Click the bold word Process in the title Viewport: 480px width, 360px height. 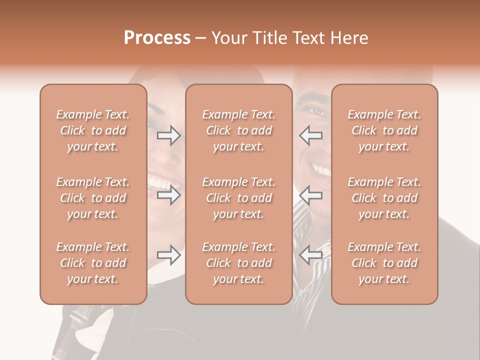tap(157, 38)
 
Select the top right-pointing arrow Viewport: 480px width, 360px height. tap(169, 135)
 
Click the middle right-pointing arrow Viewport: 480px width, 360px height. tap(169, 195)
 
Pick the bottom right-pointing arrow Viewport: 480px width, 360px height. tap(169, 255)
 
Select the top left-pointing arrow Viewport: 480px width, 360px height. tap(310, 135)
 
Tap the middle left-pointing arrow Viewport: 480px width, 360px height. tap(310, 195)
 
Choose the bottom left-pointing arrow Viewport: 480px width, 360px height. tap(310, 255)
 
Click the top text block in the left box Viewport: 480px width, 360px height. tap(93, 130)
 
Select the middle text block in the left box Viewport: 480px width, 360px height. tap(93, 198)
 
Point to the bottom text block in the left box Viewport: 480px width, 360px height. tap(93, 263)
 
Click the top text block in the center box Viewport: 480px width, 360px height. tap(238, 130)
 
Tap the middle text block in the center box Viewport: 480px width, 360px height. tap(238, 198)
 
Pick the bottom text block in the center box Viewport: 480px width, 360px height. tap(238, 263)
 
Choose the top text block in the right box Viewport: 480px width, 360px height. tap(384, 130)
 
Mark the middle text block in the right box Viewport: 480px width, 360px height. tap(384, 198)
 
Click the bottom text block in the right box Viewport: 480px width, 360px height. tap(384, 263)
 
